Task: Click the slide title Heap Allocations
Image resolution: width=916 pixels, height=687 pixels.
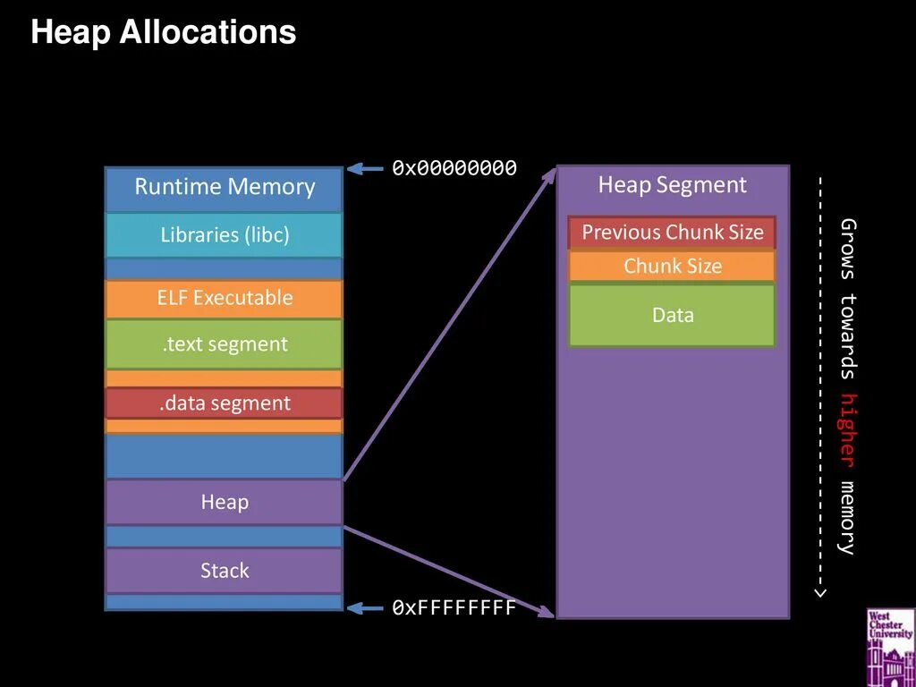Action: pyautogui.click(x=163, y=33)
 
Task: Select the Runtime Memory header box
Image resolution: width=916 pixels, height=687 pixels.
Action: pyautogui.click(x=225, y=188)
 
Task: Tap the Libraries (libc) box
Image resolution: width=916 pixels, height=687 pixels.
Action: pyautogui.click(x=225, y=235)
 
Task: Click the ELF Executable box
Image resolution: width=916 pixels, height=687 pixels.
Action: pyautogui.click(x=225, y=298)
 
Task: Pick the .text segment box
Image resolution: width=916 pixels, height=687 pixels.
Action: pyautogui.click(x=225, y=344)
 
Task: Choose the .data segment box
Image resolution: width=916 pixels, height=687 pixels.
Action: pyautogui.click(x=225, y=403)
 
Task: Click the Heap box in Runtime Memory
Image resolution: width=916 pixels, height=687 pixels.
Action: pyautogui.click(x=225, y=502)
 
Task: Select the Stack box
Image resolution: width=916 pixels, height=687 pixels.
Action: pyautogui.click(x=225, y=571)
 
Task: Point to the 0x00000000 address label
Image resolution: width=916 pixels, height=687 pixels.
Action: pyautogui.click(x=454, y=168)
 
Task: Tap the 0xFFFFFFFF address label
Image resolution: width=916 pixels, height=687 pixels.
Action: pyautogui.click(x=454, y=608)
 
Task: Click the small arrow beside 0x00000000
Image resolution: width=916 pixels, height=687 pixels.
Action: pyautogui.click(x=365, y=168)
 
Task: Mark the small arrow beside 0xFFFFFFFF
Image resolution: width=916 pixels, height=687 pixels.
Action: pyautogui.click(x=365, y=608)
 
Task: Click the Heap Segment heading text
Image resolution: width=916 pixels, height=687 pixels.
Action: pyautogui.click(x=672, y=185)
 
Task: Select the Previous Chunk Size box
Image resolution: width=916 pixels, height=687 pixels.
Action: pyautogui.click(x=672, y=233)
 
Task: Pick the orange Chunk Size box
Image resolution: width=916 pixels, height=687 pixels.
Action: pyautogui.click(x=672, y=267)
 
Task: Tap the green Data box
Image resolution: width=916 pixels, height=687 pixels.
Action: pyautogui.click(x=672, y=315)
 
